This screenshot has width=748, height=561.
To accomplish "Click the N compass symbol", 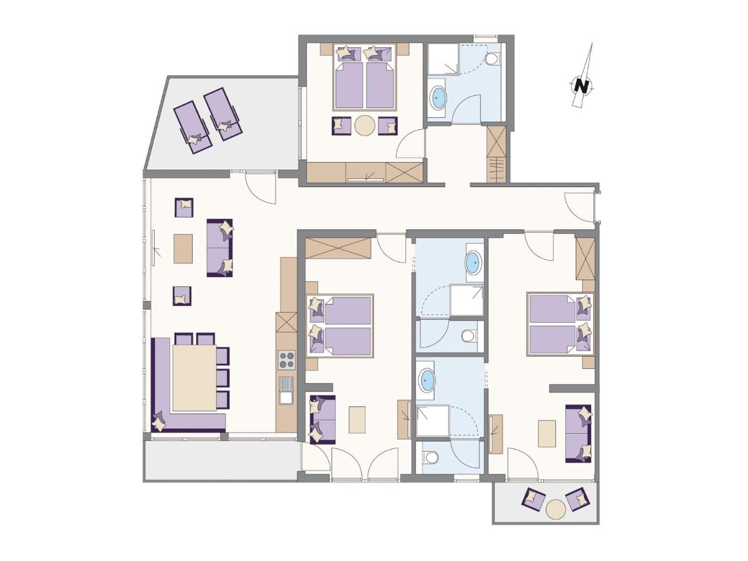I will [582, 85].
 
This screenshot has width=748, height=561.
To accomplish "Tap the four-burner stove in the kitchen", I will [286, 360].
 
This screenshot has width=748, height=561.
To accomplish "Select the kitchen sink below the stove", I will [286, 390].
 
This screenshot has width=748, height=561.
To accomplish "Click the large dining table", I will [194, 378].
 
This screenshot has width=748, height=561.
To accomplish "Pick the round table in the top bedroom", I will [365, 125].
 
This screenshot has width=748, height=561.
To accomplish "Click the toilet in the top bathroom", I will [492, 59].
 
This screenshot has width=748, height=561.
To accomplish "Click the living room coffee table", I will [183, 248].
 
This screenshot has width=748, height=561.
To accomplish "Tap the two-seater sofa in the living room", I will [219, 247].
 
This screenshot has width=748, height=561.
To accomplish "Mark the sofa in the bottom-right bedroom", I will [578, 433].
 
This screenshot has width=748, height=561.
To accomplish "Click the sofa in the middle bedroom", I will [322, 420].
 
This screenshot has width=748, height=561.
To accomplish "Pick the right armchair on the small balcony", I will [577, 499].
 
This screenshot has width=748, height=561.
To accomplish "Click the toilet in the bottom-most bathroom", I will [430, 458].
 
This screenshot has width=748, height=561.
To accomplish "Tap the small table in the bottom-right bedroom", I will [547, 433].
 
